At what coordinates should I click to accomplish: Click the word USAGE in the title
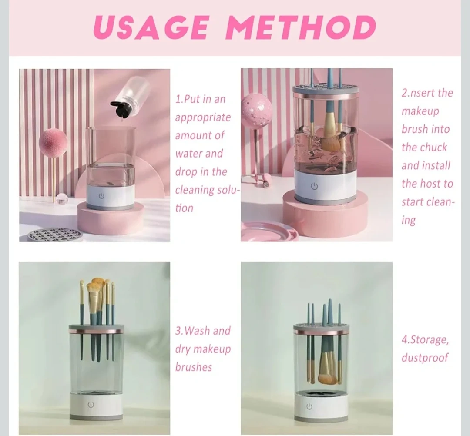point(151,27)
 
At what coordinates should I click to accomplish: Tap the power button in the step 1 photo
point(101,196)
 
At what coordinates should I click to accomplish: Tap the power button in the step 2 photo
point(314,186)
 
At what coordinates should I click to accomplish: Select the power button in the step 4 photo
point(309,407)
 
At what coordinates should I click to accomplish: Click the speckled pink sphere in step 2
point(256,110)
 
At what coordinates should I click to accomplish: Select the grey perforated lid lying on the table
point(54,235)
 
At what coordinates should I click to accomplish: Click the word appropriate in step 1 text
point(203,118)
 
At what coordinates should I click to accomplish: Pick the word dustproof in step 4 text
point(425,358)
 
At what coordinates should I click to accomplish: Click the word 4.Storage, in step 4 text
point(425,340)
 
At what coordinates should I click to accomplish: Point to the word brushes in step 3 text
point(194,367)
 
